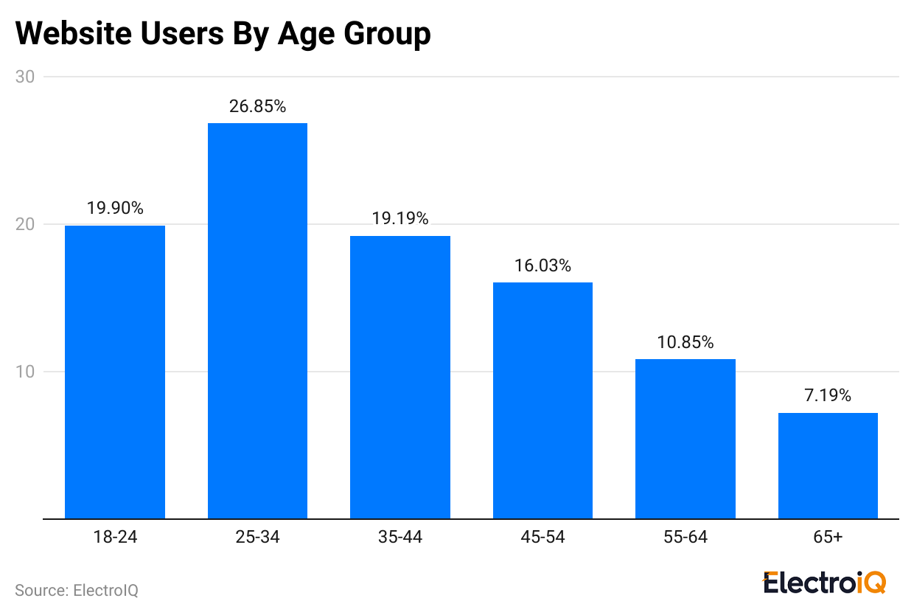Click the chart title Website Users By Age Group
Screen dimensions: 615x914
tap(223, 35)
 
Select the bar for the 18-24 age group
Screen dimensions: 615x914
tap(115, 372)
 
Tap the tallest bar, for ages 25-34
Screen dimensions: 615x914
tap(257, 321)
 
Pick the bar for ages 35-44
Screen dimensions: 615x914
tap(400, 378)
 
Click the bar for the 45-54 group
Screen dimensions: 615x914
tap(543, 400)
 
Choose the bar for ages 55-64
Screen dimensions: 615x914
tap(685, 439)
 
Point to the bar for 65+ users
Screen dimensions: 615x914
tap(828, 466)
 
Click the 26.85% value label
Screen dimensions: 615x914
tap(257, 106)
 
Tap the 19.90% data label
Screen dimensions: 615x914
tap(115, 209)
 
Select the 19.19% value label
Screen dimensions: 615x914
tap(400, 219)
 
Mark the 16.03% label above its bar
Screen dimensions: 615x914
tap(543, 265)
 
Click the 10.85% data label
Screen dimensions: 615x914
tap(685, 342)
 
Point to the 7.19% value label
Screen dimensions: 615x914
tap(828, 396)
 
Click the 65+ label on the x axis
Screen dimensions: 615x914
tap(828, 538)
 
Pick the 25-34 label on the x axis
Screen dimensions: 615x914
tap(257, 538)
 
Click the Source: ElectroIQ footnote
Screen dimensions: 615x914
tap(77, 591)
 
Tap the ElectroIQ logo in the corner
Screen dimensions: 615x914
tap(824, 583)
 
